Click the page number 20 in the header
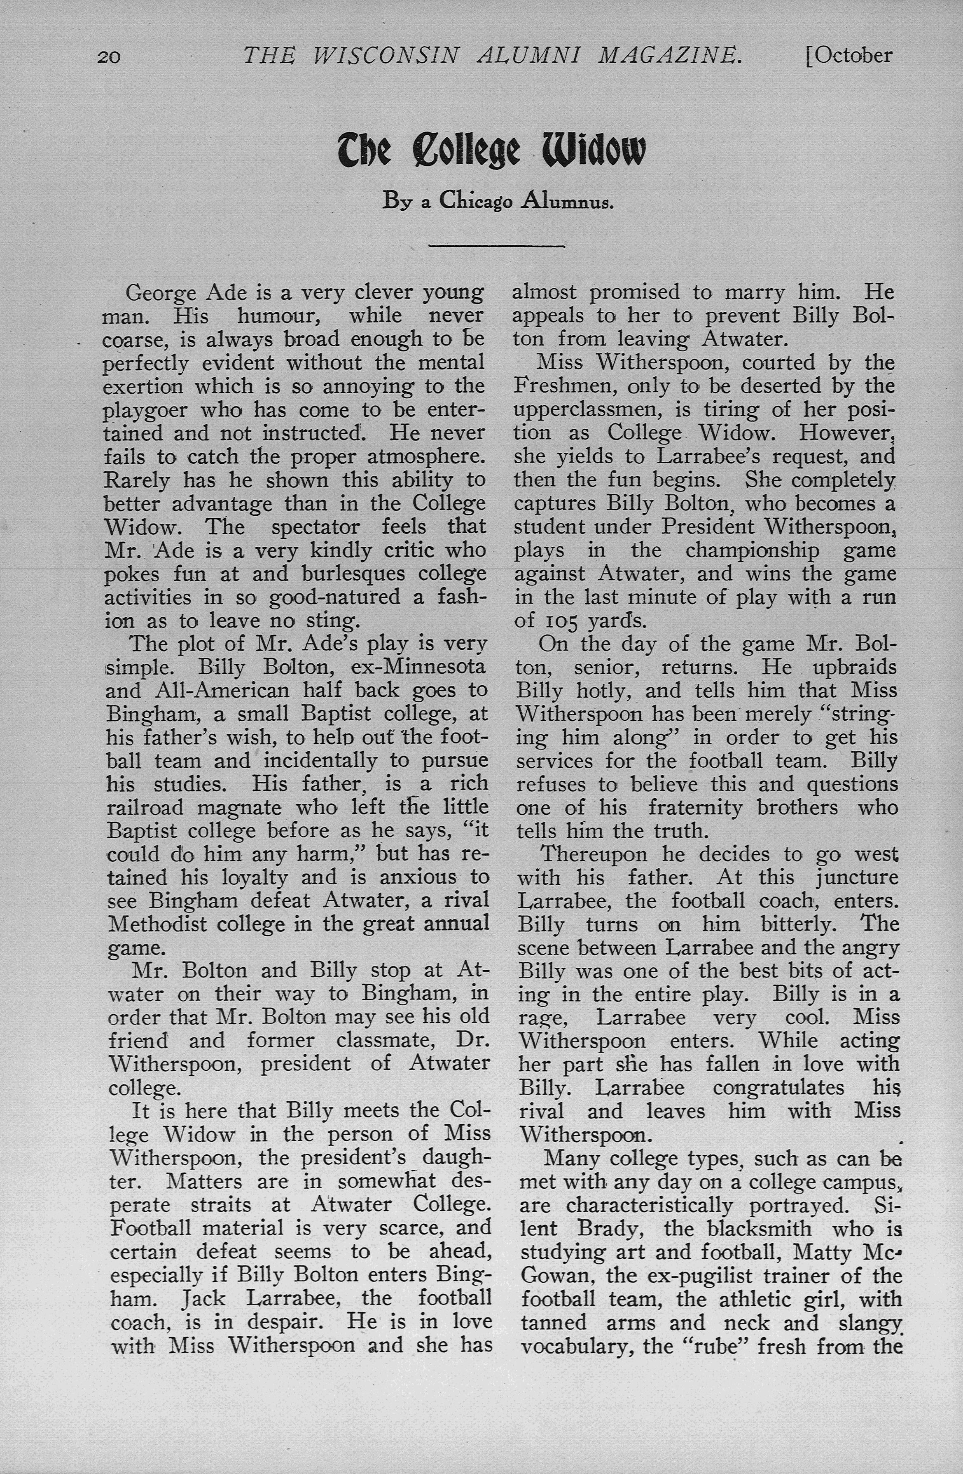click(x=109, y=57)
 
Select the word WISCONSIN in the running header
click(x=386, y=56)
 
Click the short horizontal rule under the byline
click(x=496, y=247)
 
